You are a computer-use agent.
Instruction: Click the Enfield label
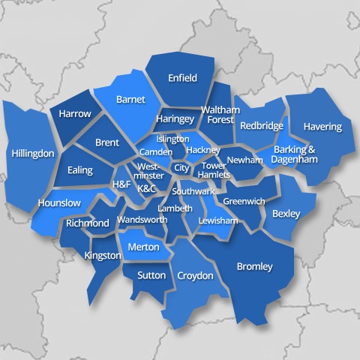(x=182, y=78)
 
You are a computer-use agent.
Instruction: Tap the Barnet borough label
(x=130, y=99)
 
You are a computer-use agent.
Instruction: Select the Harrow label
(x=75, y=114)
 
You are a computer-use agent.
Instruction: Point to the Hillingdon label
(x=33, y=153)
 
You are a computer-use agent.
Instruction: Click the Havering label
(x=322, y=127)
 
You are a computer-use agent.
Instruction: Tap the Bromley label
(x=254, y=266)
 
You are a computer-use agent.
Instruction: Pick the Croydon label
(x=195, y=276)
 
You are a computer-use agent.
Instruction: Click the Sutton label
(x=151, y=275)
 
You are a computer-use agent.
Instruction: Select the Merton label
(x=142, y=247)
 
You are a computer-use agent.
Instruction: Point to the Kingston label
(x=103, y=256)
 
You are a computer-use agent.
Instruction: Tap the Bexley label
(x=286, y=214)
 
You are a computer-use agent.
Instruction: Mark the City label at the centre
(x=181, y=168)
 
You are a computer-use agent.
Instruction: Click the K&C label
(x=147, y=188)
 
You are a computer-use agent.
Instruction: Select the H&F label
(x=121, y=184)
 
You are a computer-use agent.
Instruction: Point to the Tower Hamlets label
(x=214, y=170)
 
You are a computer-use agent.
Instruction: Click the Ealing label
(x=80, y=170)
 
